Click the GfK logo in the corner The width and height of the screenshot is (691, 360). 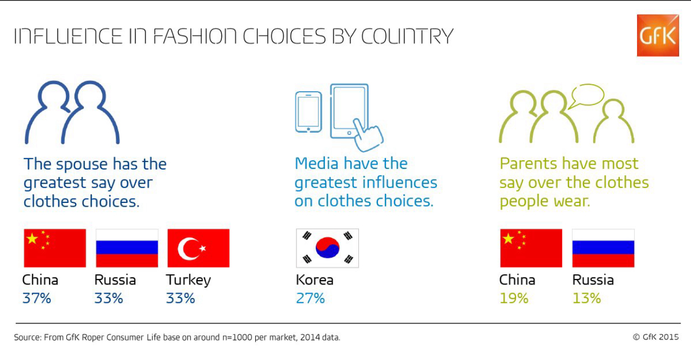658,36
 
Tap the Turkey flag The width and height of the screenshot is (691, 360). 198,248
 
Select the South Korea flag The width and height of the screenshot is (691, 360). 327,248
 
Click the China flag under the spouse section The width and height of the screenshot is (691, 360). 55,248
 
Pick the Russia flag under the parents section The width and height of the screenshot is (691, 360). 604,248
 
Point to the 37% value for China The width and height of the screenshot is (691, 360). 37,298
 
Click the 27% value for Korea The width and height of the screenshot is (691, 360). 310,298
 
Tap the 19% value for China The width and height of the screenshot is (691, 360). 514,298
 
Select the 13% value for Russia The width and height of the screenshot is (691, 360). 587,298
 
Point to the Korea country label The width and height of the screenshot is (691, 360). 315,280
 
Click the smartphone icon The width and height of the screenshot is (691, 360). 308,112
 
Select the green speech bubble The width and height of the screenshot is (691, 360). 587,96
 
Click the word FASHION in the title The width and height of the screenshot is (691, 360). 195,36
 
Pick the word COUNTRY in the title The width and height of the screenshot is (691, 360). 407,36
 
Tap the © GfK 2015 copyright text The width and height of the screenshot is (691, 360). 656,337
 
